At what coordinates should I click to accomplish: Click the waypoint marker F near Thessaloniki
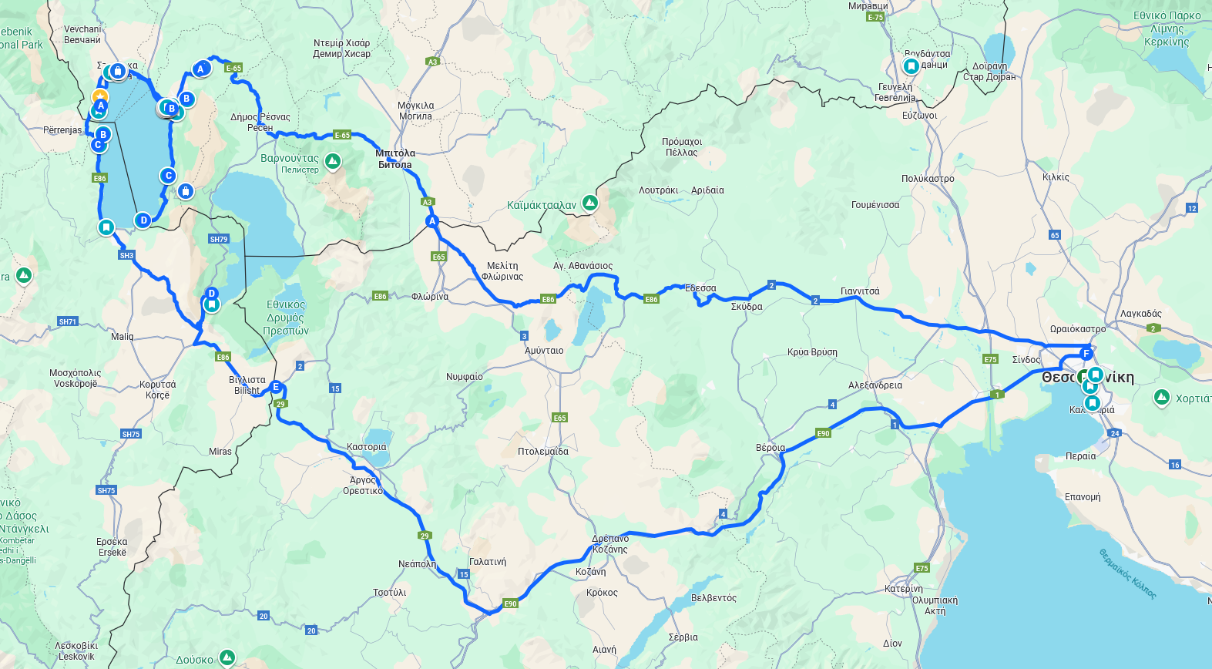(1086, 354)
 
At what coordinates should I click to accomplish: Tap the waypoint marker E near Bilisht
(276, 387)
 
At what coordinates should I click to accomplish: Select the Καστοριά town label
(366, 447)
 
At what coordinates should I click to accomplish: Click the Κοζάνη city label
(590, 572)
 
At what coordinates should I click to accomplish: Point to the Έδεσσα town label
(700, 288)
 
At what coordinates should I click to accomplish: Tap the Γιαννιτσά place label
(860, 291)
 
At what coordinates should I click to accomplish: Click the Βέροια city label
(771, 448)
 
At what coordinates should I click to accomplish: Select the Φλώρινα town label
(430, 297)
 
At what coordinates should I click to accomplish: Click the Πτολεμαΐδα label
(542, 452)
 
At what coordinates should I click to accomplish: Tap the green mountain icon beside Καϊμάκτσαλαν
(590, 203)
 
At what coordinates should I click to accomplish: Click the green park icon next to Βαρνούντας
(333, 161)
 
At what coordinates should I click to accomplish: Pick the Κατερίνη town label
(904, 589)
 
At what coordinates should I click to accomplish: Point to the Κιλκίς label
(1056, 177)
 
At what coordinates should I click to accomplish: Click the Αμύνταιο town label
(544, 351)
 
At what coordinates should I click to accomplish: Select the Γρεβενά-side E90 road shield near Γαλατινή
(510, 603)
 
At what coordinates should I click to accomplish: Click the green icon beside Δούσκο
(227, 657)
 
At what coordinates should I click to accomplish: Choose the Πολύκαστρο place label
(928, 179)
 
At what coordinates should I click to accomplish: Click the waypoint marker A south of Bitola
(432, 221)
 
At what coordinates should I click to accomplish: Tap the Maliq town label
(122, 337)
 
